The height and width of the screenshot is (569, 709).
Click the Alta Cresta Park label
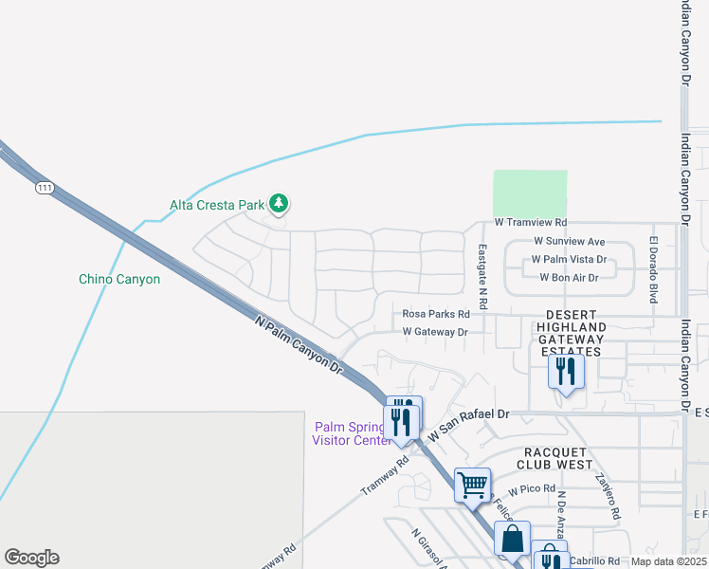click(217, 204)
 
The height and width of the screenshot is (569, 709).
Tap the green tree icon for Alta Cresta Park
click(279, 202)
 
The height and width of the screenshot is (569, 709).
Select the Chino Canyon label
click(118, 279)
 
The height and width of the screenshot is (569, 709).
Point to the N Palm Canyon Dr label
click(299, 343)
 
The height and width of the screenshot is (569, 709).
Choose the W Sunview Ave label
click(569, 242)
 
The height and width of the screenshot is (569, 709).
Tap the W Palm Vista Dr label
click(569, 259)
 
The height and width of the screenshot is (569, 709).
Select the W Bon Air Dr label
click(569, 277)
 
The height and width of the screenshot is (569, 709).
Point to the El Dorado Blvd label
click(653, 269)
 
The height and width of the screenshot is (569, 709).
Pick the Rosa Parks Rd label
click(436, 314)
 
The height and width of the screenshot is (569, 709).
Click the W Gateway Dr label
click(435, 332)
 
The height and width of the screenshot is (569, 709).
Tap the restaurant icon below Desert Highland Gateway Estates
click(566, 371)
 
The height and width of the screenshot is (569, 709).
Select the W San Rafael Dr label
click(469, 423)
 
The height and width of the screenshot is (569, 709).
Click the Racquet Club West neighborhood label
click(554, 458)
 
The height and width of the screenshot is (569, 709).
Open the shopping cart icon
click(472, 486)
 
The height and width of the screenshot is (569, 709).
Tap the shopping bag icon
click(512, 538)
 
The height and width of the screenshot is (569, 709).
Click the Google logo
click(31, 558)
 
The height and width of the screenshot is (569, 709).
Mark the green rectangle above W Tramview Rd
click(530, 193)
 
